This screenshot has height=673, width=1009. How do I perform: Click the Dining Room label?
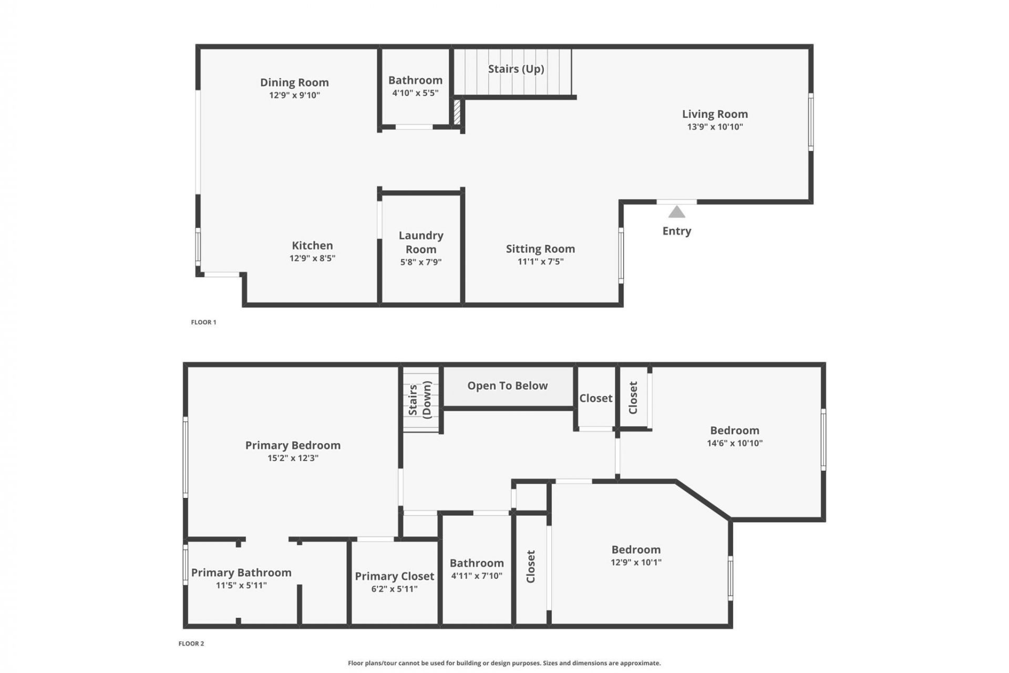tap(294, 83)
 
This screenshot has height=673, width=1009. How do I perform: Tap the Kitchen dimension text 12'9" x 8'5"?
tap(312, 258)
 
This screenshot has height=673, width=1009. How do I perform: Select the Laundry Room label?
tap(421, 242)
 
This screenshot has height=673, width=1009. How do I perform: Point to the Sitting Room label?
tap(540, 249)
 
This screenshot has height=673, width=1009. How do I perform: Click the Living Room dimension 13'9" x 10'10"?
tap(715, 127)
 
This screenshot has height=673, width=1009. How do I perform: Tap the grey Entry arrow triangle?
tap(676, 212)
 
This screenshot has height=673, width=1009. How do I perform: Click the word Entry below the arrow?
tap(676, 231)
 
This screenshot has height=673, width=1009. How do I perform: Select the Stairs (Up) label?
tap(516, 69)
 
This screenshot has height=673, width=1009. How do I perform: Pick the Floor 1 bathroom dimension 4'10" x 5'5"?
tap(415, 93)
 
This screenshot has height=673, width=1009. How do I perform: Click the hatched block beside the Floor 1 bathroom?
tap(457, 112)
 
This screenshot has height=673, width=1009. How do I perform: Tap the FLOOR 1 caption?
tap(203, 322)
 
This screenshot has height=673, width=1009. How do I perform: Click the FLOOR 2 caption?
tap(191, 644)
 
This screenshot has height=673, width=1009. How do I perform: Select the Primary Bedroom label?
tap(293, 445)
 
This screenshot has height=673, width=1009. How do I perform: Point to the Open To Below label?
tap(507, 386)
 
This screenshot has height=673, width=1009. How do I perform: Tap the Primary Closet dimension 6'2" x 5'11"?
tap(394, 589)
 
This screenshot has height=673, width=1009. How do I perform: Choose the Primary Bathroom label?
tap(241, 573)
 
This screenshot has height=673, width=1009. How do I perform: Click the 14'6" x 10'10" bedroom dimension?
tap(734, 443)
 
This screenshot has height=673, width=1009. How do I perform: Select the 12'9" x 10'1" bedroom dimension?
tap(636, 562)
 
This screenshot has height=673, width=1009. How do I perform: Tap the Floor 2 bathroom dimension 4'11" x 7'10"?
tap(477, 576)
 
